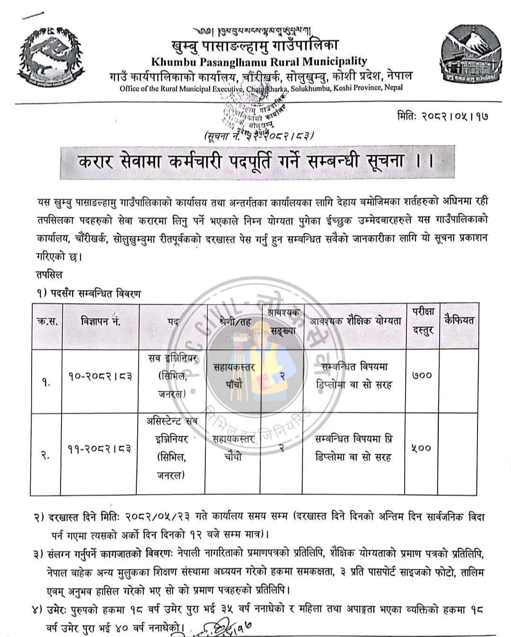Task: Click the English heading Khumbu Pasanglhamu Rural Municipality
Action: point(259,61)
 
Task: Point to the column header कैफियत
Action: point(459,320)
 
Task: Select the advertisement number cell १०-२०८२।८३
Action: point(100,376)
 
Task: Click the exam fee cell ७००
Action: point(422,376)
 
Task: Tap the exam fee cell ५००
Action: point(422,448)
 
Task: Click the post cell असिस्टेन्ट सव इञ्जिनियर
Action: point(173,448)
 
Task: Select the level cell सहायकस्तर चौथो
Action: point(233,448)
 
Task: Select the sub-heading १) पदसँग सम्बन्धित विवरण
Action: point(88,294)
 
